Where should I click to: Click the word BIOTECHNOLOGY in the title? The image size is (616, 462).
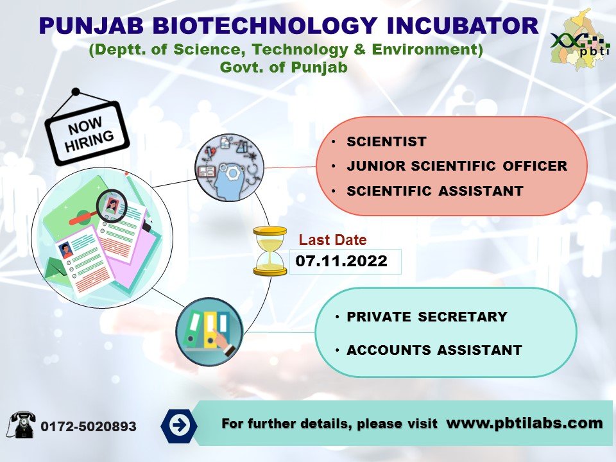point(262,26)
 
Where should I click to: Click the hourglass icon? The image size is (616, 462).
point(270,250)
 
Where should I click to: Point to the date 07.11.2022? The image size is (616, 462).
point(341,261)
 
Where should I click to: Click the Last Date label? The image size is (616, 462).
point(333,241)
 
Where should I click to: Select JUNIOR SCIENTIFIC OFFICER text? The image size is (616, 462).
point(456,166)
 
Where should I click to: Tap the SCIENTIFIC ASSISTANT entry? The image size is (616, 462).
point(434,191)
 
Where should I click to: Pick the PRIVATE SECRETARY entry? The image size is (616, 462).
point(426,317)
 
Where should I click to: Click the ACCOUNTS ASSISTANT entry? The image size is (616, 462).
point(434,350)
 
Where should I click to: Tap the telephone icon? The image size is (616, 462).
point(22,424)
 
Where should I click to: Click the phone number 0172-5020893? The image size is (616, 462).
point(89,427)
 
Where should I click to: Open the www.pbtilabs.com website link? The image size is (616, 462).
point(524,423)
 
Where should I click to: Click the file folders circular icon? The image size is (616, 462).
point(209,332)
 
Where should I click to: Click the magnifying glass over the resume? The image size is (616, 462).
point(110,207)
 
